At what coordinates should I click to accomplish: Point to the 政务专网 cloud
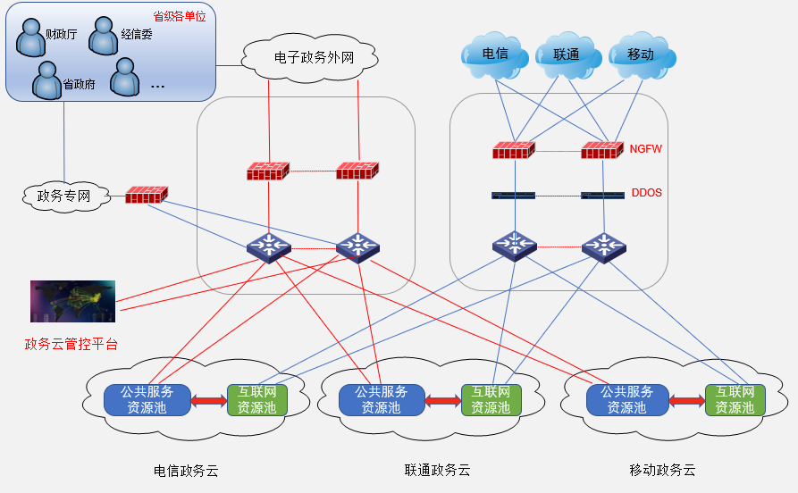(63, 196)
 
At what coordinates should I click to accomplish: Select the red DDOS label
(646, 192)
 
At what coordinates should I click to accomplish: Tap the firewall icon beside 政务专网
(146, 194)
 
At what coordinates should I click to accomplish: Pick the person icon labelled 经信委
(105, 35)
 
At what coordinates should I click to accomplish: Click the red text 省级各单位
(181, 16)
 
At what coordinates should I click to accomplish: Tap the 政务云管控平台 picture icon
(72, 301)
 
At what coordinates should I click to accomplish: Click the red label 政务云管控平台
(71, 344)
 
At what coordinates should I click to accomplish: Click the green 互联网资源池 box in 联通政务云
(491, 399)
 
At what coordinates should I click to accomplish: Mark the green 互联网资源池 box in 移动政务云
(735, 399)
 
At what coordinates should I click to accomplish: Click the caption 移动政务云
(662, 469)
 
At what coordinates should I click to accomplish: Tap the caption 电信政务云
(186, 469)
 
